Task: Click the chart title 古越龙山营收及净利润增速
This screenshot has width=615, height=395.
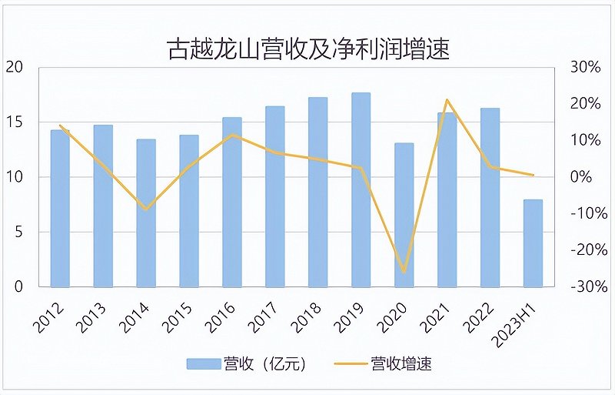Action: tap(308, 49)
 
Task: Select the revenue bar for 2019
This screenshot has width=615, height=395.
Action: tap(361, 190)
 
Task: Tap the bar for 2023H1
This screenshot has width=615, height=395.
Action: tap(533, 243)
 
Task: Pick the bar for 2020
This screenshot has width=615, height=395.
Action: tap(404, 215)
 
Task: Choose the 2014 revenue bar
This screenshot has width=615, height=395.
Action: tap(146, 213)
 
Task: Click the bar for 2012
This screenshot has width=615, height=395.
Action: tap(60, 209)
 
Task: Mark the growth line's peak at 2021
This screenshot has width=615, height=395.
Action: tap(447, 100)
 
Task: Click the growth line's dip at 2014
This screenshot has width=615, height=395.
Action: tap(146, 209)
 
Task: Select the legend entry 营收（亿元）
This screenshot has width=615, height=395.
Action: tap(246, 363)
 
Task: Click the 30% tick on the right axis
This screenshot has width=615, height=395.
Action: tap(584, 68)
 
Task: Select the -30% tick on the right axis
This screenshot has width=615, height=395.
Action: tap(583, 287)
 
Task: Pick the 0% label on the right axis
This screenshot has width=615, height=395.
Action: tap(586, 177)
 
